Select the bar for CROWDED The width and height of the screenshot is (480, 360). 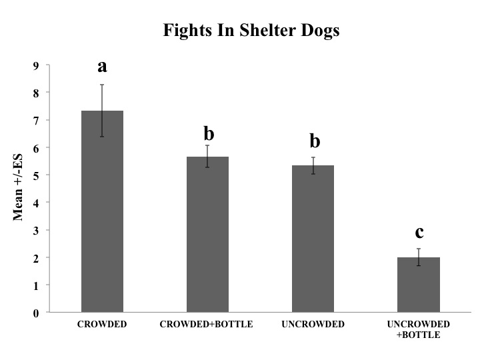pos(102,213)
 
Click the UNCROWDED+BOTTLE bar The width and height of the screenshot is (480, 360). pos(419,285)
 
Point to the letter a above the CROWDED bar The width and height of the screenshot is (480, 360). pos(102,67)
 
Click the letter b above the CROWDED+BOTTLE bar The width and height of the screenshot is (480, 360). pos(208,133)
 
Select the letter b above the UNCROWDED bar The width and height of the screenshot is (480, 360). pos(314,141)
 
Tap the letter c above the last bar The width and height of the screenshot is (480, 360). pos(419,232)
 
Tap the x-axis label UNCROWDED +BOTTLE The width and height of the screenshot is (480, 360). pos(419,329)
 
